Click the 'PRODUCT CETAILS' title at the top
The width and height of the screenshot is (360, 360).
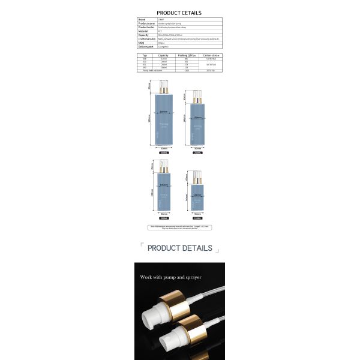(x=179, y=13)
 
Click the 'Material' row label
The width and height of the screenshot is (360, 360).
(x=143, y=31)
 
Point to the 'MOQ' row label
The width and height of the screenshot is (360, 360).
(x=142, y=43)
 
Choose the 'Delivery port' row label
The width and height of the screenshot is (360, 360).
(x=145, y=46)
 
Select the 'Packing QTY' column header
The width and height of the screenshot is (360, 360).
(x=187, y=54)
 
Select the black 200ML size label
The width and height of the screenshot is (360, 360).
(x=163, y=218)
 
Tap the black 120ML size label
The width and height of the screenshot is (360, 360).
(x=197, y=218)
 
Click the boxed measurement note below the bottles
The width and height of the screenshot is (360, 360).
(x=179, y=227)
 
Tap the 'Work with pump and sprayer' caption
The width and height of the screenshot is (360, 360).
(x=171, y=277)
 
